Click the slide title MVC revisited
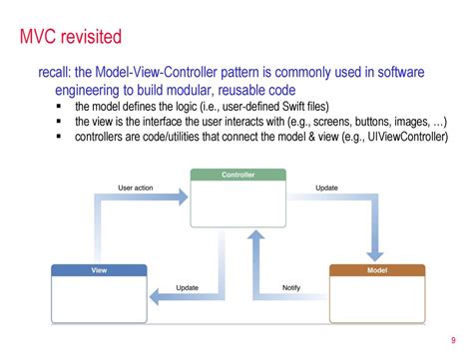pyautogui.click(x=72, y=39)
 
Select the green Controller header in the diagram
pyautogui.click(x=236, y=176)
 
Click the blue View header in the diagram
pyautogui.click(x=99, y=270)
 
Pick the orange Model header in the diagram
pyautogui.click(x=376, y=270)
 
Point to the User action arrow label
pyautogui.click(x=136, y=186)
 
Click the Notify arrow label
pyautogui.click(x=290, y=287)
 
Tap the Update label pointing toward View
pyautogui.click(x=187, y=287)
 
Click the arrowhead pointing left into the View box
pyautogui.click(x=156, y=295)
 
